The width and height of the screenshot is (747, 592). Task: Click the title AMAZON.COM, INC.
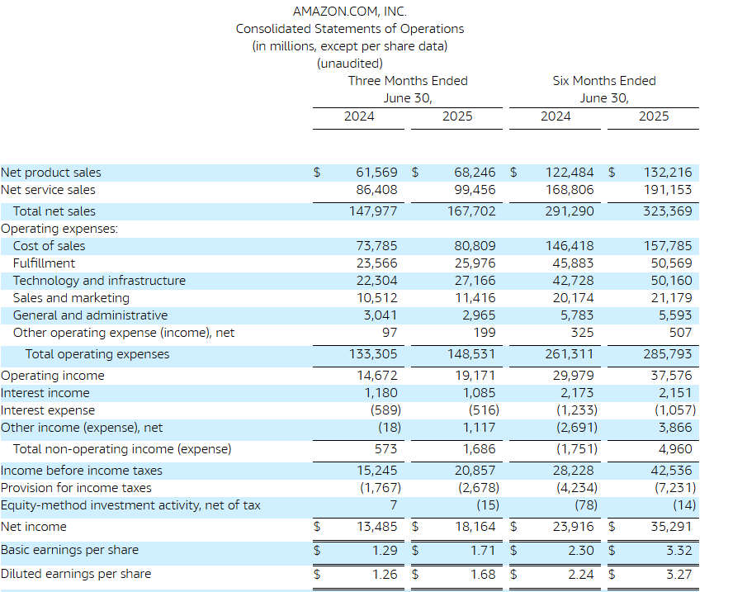(x=350, y=12)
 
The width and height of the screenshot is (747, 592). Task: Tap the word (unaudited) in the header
(x=350, y=64)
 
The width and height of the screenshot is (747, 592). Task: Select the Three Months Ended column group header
(x=408, y=81)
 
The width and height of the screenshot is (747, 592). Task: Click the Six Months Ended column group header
(x=604, y=81)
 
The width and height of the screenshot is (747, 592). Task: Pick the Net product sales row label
(x=51, y=172)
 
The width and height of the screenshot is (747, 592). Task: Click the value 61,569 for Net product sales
(x=376, y=172)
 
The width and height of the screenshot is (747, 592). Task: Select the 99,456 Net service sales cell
(x=475, y=190)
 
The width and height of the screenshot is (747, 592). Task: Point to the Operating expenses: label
(x=59, y=229)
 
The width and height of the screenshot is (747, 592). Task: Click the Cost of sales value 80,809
(x=475, y=246)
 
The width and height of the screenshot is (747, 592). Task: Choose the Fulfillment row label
(x=44, y=263)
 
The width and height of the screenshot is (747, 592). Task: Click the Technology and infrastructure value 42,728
(x=573, y=281)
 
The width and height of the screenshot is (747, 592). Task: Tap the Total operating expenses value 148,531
(x=471, y=354)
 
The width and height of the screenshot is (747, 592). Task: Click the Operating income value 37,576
(x=671, y=376)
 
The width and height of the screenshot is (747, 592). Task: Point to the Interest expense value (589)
(x=386, y=410)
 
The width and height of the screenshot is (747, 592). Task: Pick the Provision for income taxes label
(x=76, y=488)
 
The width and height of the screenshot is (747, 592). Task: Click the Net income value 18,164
(x=475, y=527)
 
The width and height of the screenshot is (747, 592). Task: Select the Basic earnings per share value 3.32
(x=678, y=551)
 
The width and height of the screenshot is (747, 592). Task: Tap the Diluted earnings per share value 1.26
(x=385, y=575)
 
